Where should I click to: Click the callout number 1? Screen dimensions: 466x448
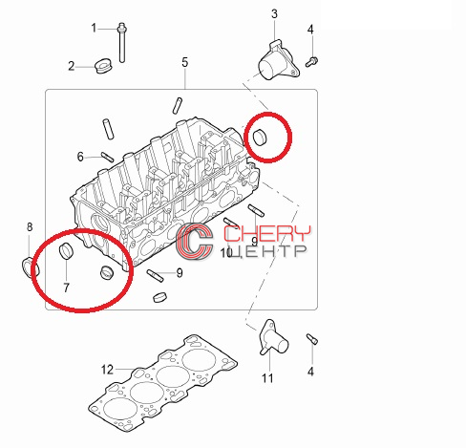click(94, 28)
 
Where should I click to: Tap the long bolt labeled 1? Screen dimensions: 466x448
click(121, 42)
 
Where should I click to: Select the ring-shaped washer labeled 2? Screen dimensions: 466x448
click(104, 66)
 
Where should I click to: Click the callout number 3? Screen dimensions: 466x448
click(274, 13)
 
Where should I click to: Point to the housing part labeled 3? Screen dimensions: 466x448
click(279, 60)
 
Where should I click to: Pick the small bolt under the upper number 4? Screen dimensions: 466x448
click(311, 61)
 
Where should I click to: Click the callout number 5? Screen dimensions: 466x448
click(185, 62)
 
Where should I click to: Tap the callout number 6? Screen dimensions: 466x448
click(80, 157)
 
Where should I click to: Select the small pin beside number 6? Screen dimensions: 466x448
click(107, 157)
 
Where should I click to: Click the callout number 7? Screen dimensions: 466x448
click(66, 288)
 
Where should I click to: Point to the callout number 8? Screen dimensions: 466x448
click(30, 227)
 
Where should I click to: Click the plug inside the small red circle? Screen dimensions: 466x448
click(260, 137)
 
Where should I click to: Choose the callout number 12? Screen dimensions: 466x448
click(107, 370)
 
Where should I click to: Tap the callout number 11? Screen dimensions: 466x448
click(267, 378)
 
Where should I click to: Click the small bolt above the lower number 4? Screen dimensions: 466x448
click(312, 339)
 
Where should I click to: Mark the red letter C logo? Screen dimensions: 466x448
click(195, 241)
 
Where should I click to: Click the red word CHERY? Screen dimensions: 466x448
click(266, 234)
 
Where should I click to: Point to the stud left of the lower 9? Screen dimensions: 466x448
click(155, 275)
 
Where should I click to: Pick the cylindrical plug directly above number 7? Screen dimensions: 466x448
click(67, 251)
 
